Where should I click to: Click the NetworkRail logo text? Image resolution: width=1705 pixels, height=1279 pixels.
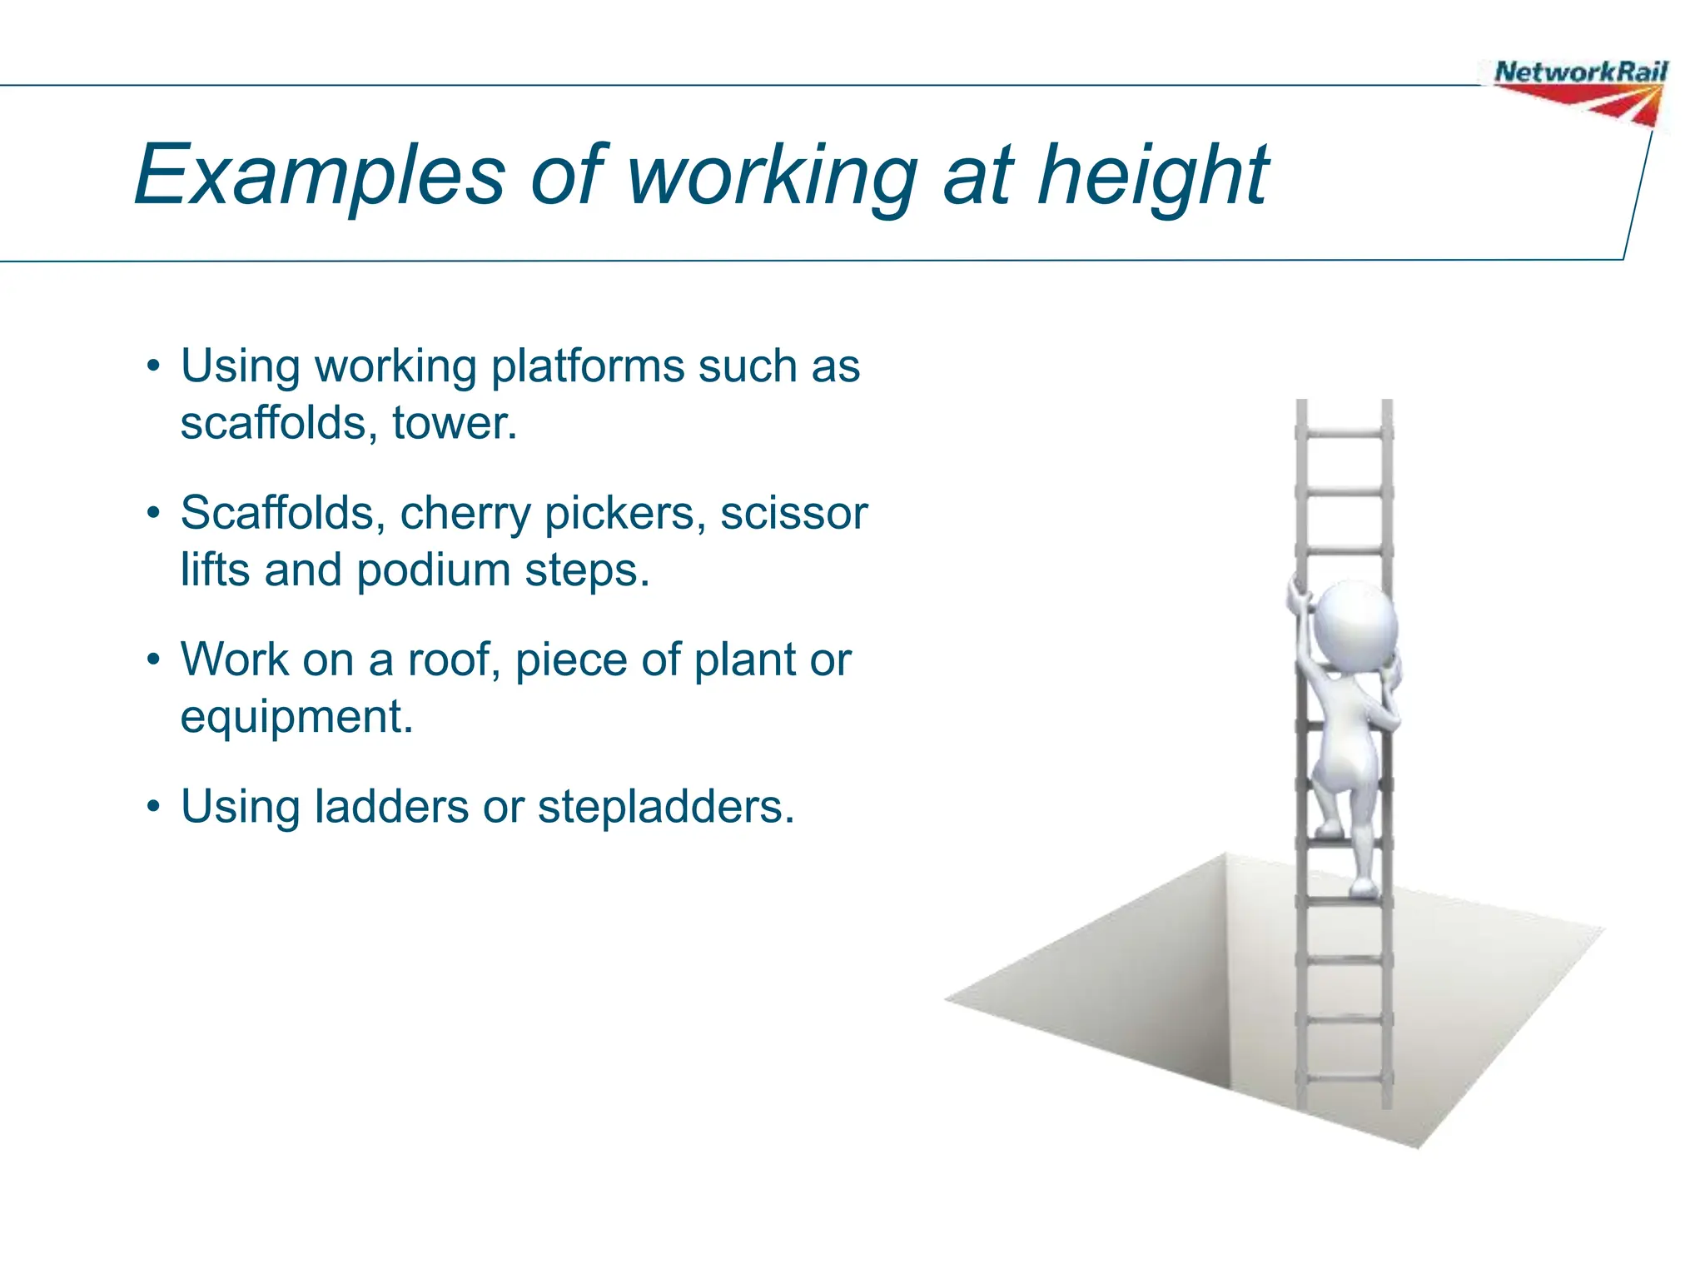[1580, 72]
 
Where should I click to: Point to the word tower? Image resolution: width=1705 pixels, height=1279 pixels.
[454, 424]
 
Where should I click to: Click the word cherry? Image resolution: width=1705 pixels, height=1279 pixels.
[465, 514]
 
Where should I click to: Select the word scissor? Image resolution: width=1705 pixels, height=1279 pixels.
[793, 514]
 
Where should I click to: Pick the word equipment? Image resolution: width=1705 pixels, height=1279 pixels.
[296, 718]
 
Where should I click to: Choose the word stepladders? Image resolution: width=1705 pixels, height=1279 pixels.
[665, 807]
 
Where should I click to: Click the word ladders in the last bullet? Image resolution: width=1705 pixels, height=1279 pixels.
[391, 807]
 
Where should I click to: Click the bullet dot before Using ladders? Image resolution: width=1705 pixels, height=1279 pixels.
[152, 807]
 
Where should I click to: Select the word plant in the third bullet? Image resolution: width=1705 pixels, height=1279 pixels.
[743, 660]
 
